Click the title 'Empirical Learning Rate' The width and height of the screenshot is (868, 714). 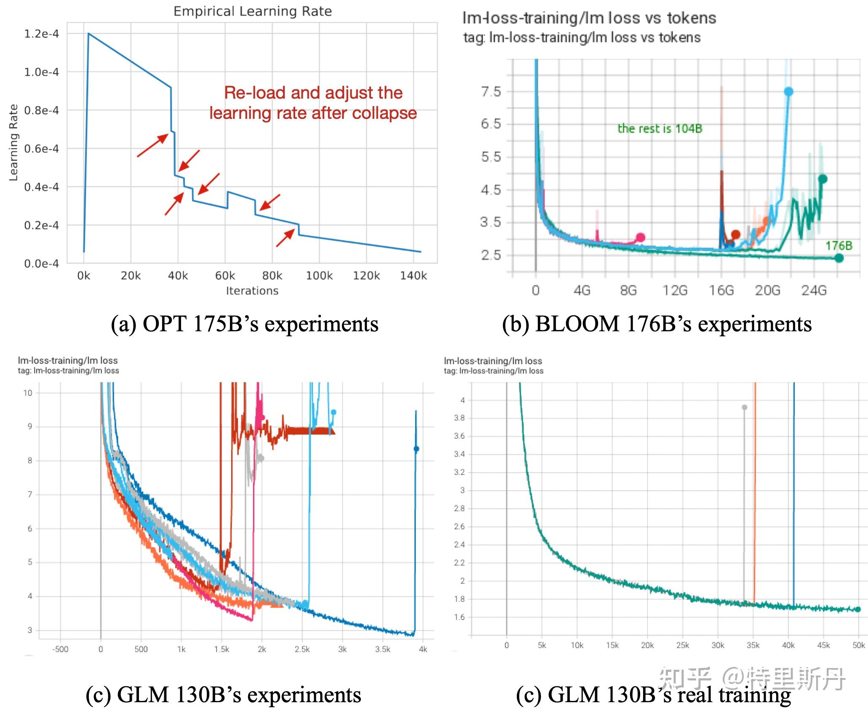[253, 11]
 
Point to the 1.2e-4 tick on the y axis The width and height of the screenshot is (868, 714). [41, 34]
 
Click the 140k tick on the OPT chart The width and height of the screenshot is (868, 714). [413, 276]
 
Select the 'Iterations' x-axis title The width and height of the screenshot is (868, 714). [252, 291]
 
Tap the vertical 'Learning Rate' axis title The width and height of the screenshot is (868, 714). [13, 143]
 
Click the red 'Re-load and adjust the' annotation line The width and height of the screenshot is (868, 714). [313, 93]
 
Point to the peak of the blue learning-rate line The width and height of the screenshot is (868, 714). [88, 33]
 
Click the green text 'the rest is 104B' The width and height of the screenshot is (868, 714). [660, 129]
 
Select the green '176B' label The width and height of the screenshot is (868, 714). [839, 246]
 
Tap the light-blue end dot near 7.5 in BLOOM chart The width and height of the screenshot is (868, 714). [788, 91]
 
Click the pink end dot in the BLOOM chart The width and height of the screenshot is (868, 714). [640, 237]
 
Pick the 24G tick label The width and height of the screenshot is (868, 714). [814, 290]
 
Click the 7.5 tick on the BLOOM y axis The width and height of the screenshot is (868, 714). [491, 91]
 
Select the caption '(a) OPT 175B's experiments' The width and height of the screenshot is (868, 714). [244, 324]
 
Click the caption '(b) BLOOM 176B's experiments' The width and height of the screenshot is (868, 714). [657, 324]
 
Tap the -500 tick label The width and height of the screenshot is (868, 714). [60, 649]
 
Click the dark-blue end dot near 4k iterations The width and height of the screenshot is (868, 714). [416, 449]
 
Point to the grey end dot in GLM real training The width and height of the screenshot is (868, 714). [744, 407]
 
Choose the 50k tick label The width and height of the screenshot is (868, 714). [858, 645]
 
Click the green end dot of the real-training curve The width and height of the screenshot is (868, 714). [858, 609]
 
